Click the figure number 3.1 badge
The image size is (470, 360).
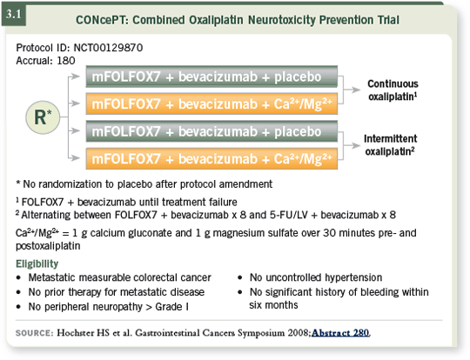point(14,15)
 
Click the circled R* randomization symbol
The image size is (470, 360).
point(43,117)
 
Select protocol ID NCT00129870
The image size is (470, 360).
point(108,48)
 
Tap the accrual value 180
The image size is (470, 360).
point(66,61)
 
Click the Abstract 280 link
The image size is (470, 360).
point(340,333)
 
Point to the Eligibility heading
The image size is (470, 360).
point(37,263)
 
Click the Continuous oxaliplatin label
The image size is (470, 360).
point(393,90)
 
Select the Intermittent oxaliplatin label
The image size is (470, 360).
point(390,145)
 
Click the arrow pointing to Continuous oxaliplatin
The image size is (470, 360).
point(352,90)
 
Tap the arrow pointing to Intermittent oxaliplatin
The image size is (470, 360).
point(352,145)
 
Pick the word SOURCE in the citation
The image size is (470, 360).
point(34,333)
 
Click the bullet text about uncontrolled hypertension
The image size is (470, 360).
point(316,277)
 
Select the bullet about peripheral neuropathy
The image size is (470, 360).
point(109,307)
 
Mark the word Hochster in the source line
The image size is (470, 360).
point(75,333)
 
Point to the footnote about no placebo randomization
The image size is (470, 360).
point(144,183)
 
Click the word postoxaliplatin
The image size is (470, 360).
point(48,246)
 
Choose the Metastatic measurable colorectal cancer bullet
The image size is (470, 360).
point(119,277)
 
